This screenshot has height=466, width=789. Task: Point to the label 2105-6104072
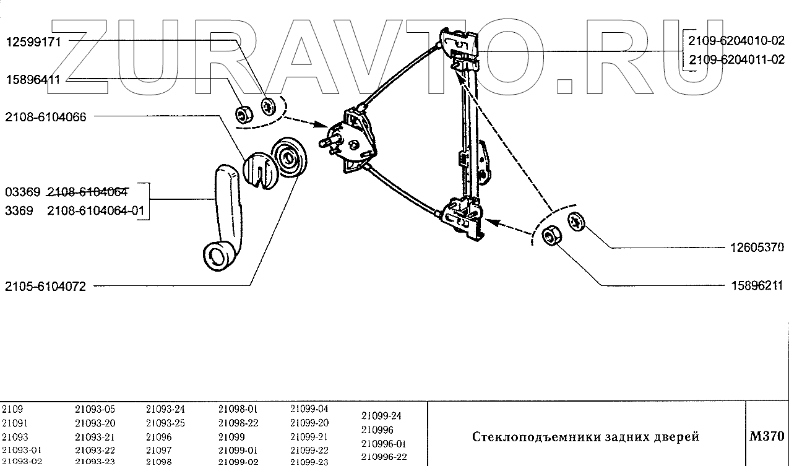point(45,286)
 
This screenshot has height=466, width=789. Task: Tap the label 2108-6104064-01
point(96,211)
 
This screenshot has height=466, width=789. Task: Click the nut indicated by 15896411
point(243,114)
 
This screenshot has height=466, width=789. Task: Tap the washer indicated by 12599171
point(269,106)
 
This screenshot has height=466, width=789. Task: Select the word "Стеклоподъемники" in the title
point(523,437)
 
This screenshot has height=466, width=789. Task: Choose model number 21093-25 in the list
point(165,423)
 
